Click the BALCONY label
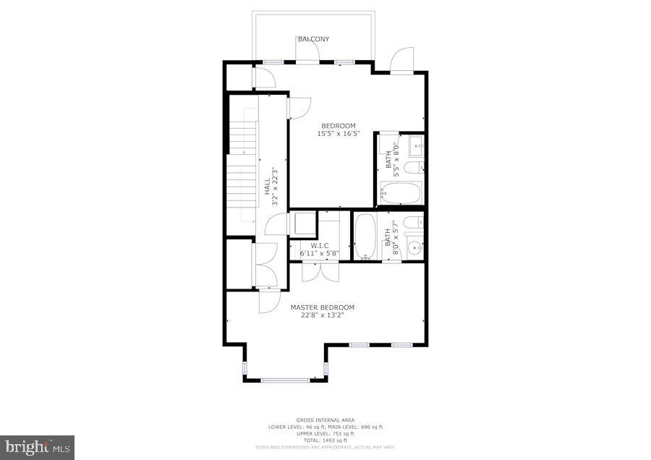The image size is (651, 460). coord(313,39)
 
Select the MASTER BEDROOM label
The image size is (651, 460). coord(323,307)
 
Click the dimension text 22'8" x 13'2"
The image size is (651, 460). coord(323,315)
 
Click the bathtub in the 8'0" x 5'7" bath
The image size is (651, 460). coord(365,235)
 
